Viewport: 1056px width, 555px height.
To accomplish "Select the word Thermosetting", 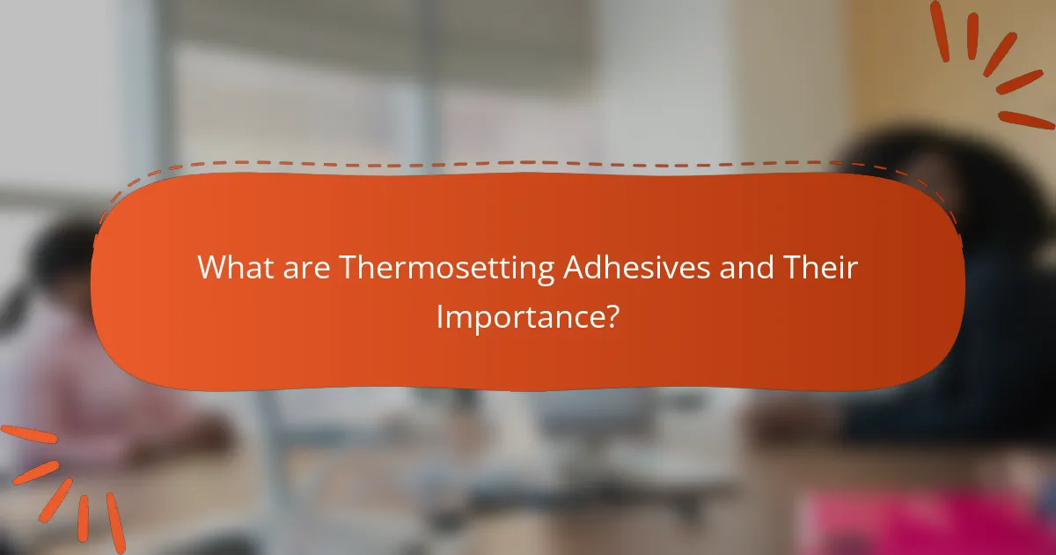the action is (447, 270).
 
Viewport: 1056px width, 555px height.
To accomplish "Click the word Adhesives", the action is (637, 267).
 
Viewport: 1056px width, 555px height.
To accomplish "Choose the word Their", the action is (820, 267).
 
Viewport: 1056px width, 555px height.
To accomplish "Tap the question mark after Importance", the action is (611, 316).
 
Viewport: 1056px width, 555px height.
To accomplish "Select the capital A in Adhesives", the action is (576, 268).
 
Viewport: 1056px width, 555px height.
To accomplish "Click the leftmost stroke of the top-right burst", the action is (940, 31).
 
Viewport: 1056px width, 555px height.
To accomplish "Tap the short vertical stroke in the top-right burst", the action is (972, 36).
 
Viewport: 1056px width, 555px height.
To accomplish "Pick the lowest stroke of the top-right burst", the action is (1026, 120).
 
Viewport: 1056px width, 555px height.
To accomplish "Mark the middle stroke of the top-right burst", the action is (1000, 55).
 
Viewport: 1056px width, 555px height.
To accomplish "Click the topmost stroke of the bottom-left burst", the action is (29, 434).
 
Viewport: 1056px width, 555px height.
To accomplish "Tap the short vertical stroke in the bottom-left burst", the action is (83, 518).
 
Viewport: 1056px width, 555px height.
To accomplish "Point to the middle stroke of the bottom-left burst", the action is (55, 500).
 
